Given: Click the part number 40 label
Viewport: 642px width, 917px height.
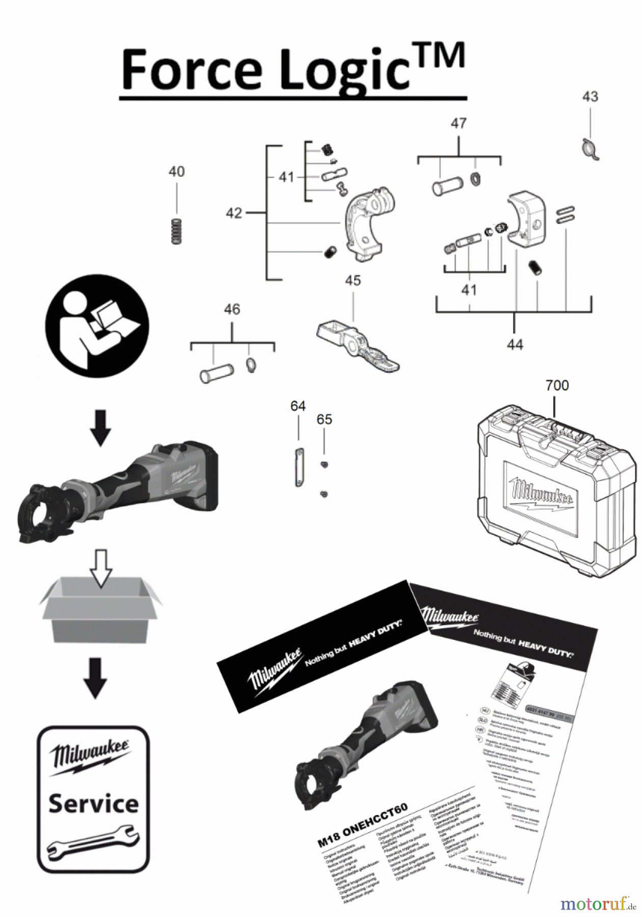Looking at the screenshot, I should (177, 172).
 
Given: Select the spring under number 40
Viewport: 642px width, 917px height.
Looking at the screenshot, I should (176, 232).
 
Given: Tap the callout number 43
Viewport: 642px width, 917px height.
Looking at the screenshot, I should (590, 96).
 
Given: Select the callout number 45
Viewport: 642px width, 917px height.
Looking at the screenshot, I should (353, 280).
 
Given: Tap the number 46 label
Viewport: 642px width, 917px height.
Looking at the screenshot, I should (232, 309).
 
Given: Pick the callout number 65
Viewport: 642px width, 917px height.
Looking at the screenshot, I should (324, 419).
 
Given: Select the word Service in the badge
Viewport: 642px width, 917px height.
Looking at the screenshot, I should (94, 803).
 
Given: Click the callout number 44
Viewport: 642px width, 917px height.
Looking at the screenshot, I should (515, 345).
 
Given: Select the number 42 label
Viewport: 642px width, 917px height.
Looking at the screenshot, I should (234, 212).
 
